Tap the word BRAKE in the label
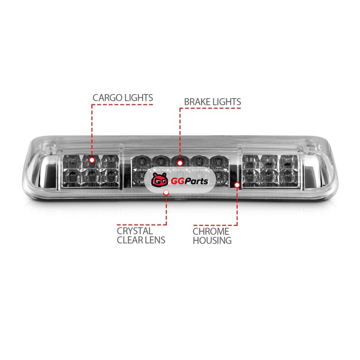(x=197, y=102)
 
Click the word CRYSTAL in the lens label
(x=135, y=231)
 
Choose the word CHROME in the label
(x=211, y=231)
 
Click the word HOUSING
(x=212, y=241)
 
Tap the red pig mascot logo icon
(x=160, y=180)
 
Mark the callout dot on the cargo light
(x=92, y=160)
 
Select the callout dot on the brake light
(x=180, y=163)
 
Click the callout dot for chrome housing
(x=237, y=185)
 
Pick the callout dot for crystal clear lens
(x=166, y=193)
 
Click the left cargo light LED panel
(x=90, y=171)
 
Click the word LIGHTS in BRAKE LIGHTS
(x=227, y=102)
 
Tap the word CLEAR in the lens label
(x=129, y=240)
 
